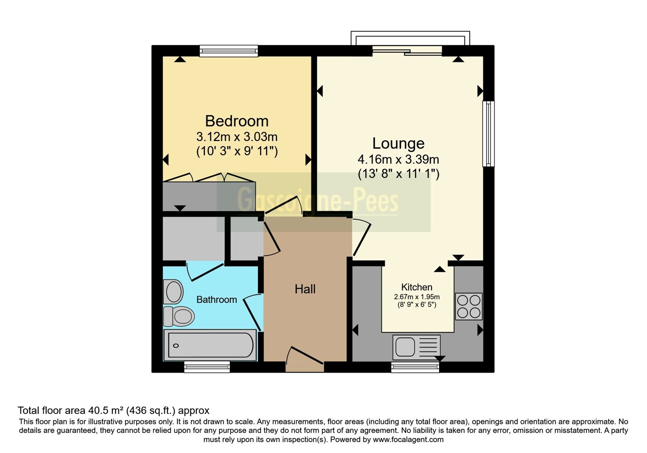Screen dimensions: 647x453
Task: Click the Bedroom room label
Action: pos(237,121)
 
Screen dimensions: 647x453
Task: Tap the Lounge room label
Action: pos(398,143)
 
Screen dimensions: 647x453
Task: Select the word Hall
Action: pos(305,289)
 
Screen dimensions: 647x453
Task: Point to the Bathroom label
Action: pos(217,300)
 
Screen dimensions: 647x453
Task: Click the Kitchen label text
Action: pos(417,287)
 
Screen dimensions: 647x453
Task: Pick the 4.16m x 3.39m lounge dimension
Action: pos(398,159)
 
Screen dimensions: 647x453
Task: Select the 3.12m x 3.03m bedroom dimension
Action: pos(237,137)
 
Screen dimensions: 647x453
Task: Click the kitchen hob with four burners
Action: pos(469,307)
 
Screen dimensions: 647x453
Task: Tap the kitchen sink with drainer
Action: pos(417,347)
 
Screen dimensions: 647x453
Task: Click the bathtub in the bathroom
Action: pos(210,345)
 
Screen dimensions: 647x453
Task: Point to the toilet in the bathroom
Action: pos(178,316)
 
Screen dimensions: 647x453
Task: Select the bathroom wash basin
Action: pos(173,292)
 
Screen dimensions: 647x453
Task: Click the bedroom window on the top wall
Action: pos(229,51)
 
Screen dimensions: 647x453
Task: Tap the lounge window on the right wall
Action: pos(488,133)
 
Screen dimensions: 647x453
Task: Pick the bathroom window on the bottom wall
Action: pos(207,366)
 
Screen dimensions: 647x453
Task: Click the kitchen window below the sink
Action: pos(415,367)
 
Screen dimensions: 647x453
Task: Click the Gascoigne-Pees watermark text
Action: pos(317,200)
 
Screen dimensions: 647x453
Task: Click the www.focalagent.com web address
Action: pos(408,440)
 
